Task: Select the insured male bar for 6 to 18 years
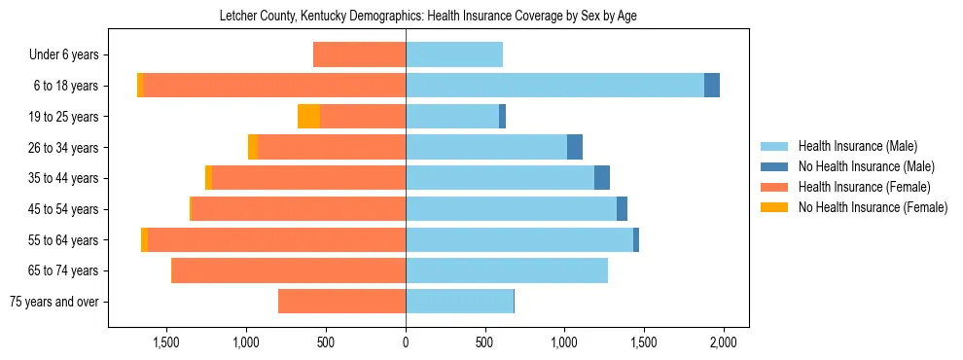pos(554,86)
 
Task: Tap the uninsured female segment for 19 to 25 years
pos(308,117)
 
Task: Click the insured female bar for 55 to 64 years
pos(277,240)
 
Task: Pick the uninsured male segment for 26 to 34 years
pos(575,147)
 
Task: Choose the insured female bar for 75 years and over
pos(341,302)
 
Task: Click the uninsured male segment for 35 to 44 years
pos(602,178)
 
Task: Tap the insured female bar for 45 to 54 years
pos(299,209)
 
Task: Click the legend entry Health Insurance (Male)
pos(857,146)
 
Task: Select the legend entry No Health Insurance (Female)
pos(873,207)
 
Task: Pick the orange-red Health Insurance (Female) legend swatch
pos(774,187)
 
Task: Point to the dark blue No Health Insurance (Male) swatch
pos(774,166)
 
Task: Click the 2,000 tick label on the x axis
pos(723,342)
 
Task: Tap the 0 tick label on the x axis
pos(406,342)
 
